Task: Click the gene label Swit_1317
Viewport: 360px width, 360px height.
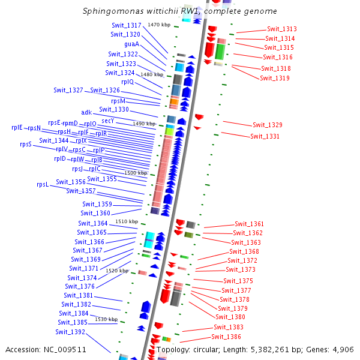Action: [x=126, y=25]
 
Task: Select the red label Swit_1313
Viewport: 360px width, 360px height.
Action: [x=282, y=29]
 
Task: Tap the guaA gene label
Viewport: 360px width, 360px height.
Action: [x=132, y=44]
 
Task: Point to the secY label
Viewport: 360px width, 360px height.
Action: [x=107, y=121]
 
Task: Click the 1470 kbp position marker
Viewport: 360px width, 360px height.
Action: [x=159, y=25]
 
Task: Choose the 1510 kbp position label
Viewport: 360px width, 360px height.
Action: [x=127, y=221]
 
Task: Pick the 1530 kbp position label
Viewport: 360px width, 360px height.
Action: [x=106, y=319]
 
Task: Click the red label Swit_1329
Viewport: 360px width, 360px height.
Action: [x=268, y=125]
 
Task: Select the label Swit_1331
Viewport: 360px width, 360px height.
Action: [x=265, y=136]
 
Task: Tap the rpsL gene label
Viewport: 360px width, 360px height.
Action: [x=43, y=185]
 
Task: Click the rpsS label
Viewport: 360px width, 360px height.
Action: [x=26, y=144]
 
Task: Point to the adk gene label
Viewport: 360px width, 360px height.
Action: [x=86, y=112]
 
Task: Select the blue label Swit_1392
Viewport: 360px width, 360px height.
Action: [x=70, y=332]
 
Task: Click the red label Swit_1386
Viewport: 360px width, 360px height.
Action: [x=226, y=337]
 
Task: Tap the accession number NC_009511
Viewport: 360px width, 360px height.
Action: [x=65, y=350]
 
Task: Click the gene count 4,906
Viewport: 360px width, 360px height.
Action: [x=343, y=350]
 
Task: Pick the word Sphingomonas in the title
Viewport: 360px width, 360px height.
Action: [x=113, y=11]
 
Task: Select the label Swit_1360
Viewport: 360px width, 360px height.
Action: [x=95, y=213]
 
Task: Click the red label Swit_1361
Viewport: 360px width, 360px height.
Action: [x=250, y=224]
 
